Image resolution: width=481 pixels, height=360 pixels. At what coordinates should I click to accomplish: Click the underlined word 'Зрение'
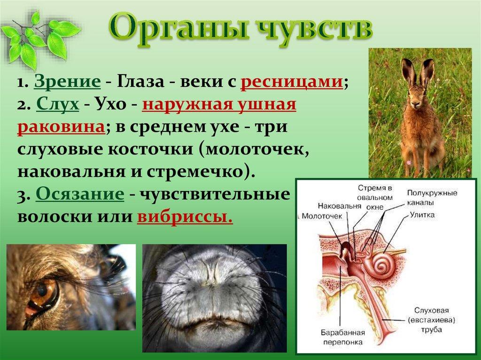[x=67, y=82]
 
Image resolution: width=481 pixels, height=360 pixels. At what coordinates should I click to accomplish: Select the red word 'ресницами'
[x=291, y=82]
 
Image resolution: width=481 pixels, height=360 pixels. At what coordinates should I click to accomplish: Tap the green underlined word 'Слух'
[x=58, y=105]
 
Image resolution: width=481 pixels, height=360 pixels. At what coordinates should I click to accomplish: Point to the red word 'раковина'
[x=61, y=127]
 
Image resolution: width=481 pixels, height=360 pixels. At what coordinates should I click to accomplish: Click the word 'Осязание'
[x=80, y=194]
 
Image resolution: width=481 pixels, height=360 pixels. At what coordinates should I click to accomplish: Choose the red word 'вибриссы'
[x=185, y=217]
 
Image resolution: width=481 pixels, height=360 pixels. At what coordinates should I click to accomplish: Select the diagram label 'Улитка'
[x=423, y=215]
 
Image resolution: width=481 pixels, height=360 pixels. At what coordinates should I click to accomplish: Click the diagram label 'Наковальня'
[x=340, y=206]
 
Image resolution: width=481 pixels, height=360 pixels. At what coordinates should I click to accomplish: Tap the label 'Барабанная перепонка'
[x=342, y=337]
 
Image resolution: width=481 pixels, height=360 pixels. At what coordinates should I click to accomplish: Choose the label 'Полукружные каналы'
[x=432, y=198]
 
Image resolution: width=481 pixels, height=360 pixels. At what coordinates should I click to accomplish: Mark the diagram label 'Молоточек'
[x=322, y=216]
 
